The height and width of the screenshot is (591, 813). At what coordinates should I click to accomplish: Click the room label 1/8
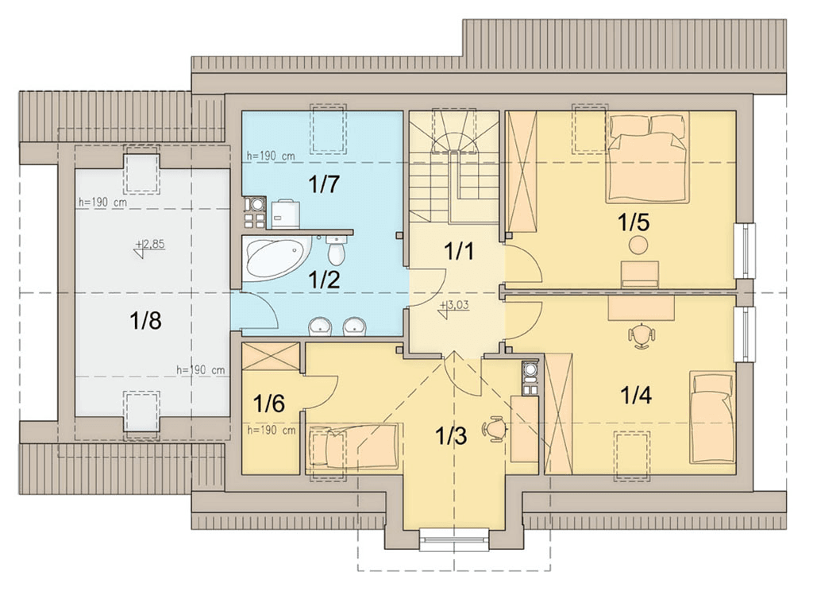click(x=146, y=321)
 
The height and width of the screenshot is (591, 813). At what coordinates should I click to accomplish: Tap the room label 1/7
click(x=324, y=184)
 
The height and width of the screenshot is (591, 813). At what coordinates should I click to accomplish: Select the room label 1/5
click(x=634, y=222)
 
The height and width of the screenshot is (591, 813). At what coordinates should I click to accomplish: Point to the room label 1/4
click(x=636, y=396)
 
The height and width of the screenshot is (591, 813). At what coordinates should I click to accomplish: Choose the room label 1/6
click(x=269, y=403)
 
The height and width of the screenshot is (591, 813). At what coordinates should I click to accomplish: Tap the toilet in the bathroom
click(x=337, y=249)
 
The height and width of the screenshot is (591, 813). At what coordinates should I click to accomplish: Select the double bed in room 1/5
click(x=648, y=158)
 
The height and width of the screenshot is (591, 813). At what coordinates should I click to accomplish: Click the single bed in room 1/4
click(x=712, y=417)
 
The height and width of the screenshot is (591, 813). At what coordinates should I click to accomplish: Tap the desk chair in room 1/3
click(x=495, y=429)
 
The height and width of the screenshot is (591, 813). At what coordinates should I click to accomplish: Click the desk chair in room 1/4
click(x=642, y=334)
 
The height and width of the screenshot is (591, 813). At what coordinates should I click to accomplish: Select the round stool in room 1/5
click(x=638, y=245)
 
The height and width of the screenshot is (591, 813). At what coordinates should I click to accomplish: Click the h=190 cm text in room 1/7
click(x=271, y=155)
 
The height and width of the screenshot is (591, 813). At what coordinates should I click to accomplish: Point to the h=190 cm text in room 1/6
click(x=272, y=431)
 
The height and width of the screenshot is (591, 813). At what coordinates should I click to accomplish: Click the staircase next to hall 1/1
click(x=454, y=167)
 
